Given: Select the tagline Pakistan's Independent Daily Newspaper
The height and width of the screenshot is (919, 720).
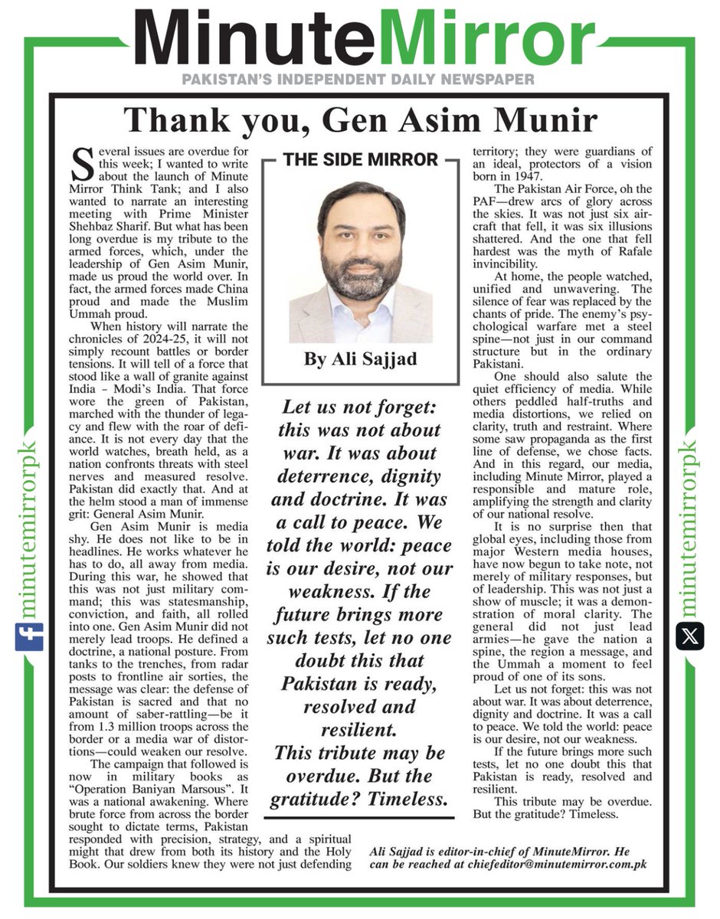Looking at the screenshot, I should (x=359, y=79).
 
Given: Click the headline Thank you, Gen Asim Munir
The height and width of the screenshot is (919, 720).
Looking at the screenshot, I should (x=359, y=120).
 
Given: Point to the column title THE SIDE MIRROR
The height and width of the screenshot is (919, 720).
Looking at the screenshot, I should (x=360, y=160).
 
